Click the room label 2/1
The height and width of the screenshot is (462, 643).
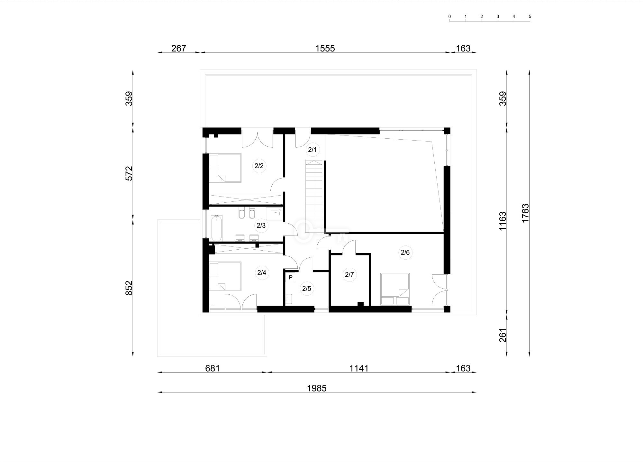[x=312, y=150]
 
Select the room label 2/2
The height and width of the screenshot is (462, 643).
[x=259, y=166]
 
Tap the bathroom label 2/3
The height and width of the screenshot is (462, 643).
[x=261, y=226]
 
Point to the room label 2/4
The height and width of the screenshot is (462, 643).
[x=261, y=273]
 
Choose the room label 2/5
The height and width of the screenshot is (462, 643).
[x=306, y=289]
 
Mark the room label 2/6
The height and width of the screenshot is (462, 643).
[x=405, y=253]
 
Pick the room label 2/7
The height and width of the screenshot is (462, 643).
[x=349, y=275]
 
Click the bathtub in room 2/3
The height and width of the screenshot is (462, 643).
[x=216, y=228]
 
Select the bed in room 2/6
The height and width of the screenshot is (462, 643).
[x=395, y=289]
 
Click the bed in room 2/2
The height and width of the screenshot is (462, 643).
[x=225, y=168]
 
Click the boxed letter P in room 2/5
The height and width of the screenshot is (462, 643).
[x=290, y=277]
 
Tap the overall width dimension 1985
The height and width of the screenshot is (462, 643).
[x=317, y=388]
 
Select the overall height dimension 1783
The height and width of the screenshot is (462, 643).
[x=525, y=213]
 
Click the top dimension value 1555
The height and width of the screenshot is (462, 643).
[x=325, y=48]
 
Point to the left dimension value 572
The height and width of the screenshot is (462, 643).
[x=129, y=173]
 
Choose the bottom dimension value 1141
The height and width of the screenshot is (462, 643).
[x=359, y=368]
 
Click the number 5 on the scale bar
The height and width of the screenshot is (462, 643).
[x=530, y=16]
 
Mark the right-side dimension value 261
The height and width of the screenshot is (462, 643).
[x=503, y=335]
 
